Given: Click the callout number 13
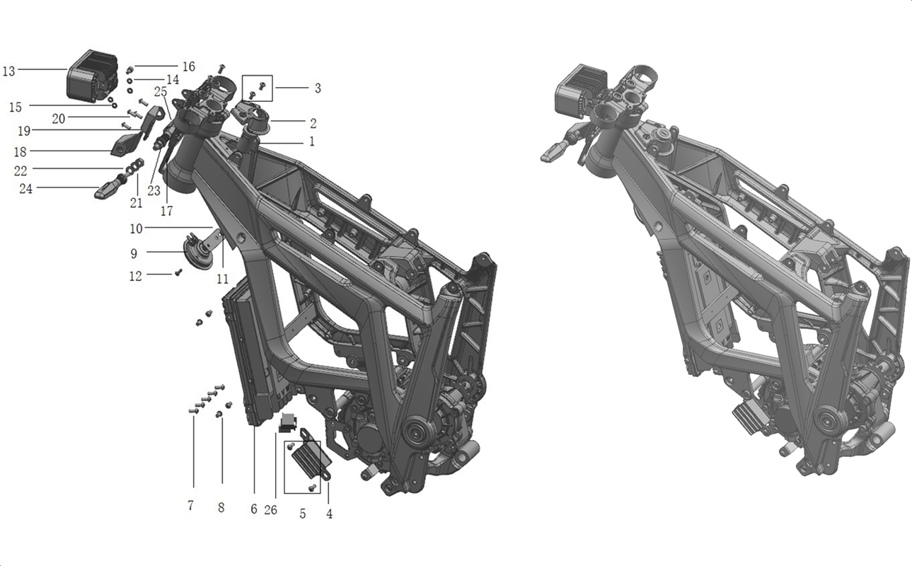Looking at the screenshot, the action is point(8,71).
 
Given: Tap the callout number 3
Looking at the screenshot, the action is point(318,88).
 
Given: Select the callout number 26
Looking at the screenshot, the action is point(270,510).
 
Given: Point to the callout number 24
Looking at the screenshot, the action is point(25,189).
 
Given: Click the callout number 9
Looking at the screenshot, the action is point(134,254).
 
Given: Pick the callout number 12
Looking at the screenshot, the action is point(136,276).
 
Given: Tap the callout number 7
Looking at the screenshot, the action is point(190,505).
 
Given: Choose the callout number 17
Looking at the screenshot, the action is point(166,211).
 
